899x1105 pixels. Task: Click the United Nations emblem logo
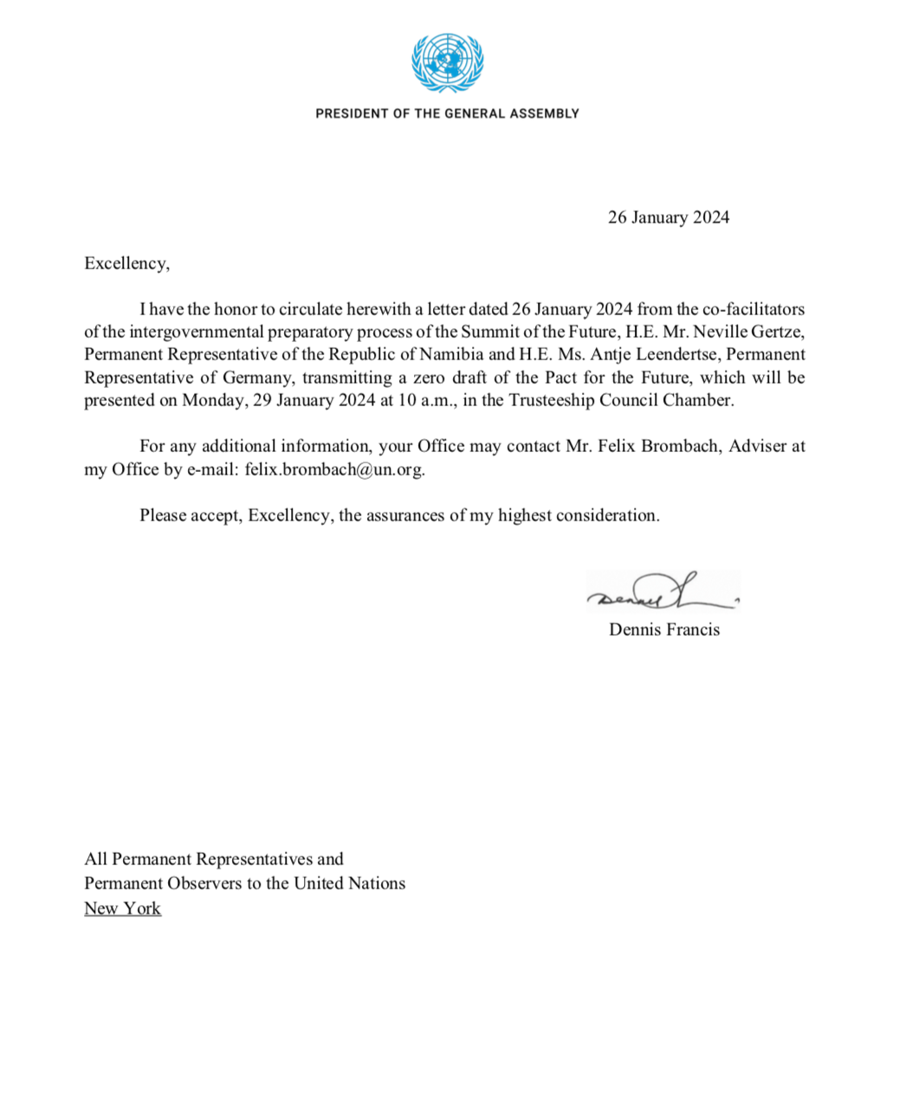(447, 62)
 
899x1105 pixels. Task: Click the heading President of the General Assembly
(447, 113)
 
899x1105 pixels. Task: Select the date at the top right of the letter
(668, 217)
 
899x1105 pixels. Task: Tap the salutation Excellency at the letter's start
(126, 263)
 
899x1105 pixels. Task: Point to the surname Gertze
(775, 332)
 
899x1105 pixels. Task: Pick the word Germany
(255, 378)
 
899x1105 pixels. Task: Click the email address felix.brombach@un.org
(334, 469)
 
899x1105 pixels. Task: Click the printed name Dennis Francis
(664, 630)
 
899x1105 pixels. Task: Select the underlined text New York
(122, 908)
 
